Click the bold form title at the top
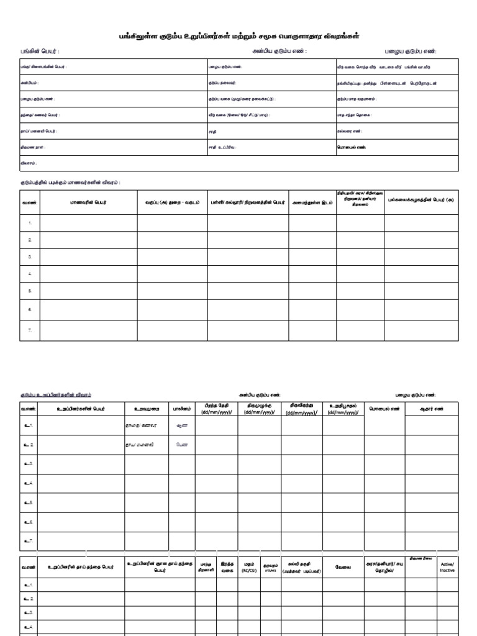(238, 37)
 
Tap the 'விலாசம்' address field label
(29, 163)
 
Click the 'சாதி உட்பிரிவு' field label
(222, 147)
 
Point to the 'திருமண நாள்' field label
(33, 147)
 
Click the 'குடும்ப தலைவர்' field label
(222, 83)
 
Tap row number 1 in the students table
(30, 222)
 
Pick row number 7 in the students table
(30, 330)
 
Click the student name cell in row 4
(88, 273)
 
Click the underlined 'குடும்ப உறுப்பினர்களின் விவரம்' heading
(56, 395)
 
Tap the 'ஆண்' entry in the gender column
(181, 426)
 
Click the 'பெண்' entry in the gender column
(181, 445)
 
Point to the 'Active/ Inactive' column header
(447, 566)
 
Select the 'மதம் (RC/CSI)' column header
(249, 566)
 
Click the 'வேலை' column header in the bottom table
(343, 566)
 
